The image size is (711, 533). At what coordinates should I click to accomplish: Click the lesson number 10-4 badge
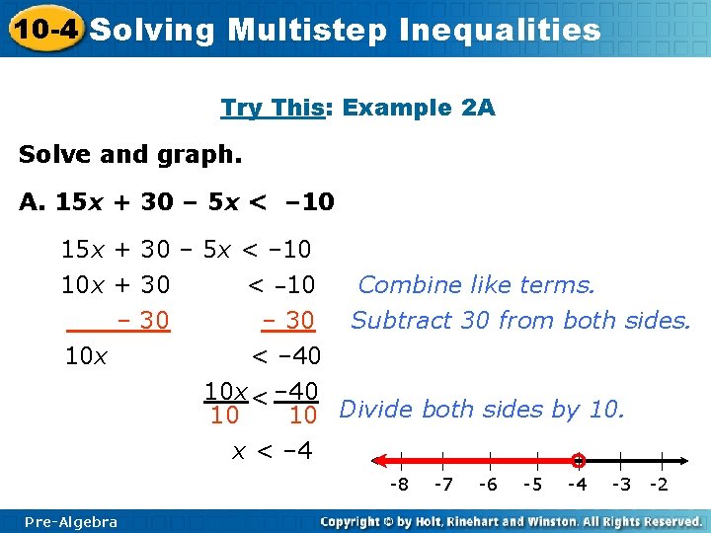tap(44, 29)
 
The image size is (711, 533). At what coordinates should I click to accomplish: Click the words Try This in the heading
tap(268, 107)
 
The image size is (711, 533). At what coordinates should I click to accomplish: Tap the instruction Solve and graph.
tap(129, 155)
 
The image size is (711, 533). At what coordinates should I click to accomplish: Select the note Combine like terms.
tap(476, 285)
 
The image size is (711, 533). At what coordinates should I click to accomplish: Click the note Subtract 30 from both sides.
tap(520, 320)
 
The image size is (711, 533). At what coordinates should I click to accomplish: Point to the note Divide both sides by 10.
tap(482, 409)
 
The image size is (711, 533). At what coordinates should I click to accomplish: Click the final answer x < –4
tap(272, 451)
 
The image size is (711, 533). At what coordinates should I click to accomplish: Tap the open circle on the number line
tap(579, 460)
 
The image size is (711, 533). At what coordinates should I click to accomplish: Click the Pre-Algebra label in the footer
tap(71, 521)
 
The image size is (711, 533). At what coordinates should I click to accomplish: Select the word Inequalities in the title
tap(500, 30)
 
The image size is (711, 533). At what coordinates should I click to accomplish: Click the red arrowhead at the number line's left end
tap(375, 460)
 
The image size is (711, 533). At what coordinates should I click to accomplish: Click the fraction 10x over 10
tap(224, 403)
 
